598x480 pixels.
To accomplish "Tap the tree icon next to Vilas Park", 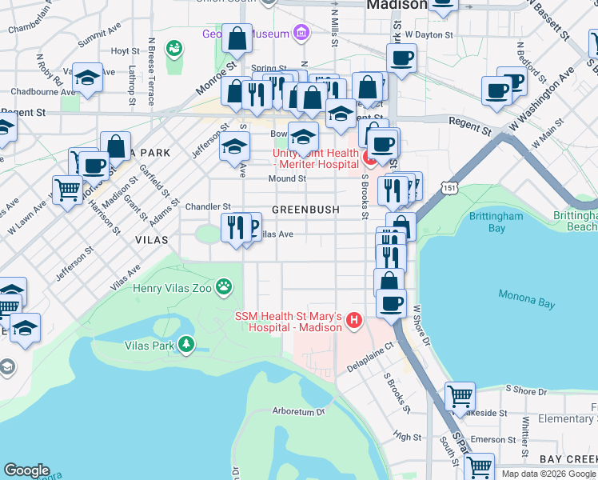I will pos(186,345).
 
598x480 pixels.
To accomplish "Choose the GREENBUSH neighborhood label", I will pos(305,210).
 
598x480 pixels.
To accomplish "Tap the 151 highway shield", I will pos(452,187).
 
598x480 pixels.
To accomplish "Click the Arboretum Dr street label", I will pos(298,412).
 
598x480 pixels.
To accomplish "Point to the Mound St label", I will pos(287,178).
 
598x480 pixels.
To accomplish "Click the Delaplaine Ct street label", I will pos(371,358).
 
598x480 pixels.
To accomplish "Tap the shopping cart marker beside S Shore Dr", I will pos(460,395).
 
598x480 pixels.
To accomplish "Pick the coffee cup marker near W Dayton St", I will pos(401,57).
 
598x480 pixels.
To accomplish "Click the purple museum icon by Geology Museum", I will pos(301,33).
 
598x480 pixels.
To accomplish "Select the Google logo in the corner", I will pos(26,470).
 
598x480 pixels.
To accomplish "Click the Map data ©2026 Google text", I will pos(548,474).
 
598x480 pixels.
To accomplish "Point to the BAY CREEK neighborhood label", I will pos(568,458).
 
